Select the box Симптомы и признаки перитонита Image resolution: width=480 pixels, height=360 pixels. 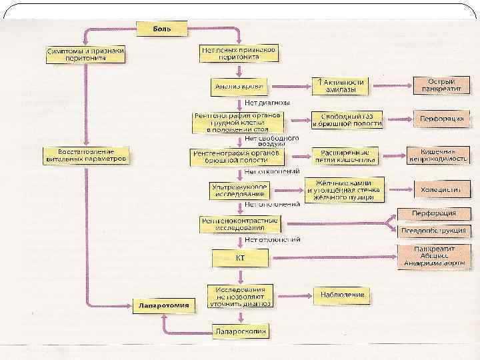[x=86, y=54]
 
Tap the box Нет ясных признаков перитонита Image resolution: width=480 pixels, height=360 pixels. [x=239, y=53]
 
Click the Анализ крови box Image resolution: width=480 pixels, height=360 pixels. [x=239, y=87]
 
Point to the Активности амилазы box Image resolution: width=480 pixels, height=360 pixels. [x=339, y=85]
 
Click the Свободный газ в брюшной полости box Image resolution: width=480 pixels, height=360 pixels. [x=347, y=120]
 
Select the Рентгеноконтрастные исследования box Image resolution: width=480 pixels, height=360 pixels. [x=239, y=223]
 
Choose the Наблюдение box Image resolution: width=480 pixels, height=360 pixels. [x=341, y=294]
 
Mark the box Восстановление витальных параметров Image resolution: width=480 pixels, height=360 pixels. [x=87, y=156]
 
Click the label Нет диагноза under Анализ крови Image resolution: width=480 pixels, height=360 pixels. [x=267, y=103]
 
